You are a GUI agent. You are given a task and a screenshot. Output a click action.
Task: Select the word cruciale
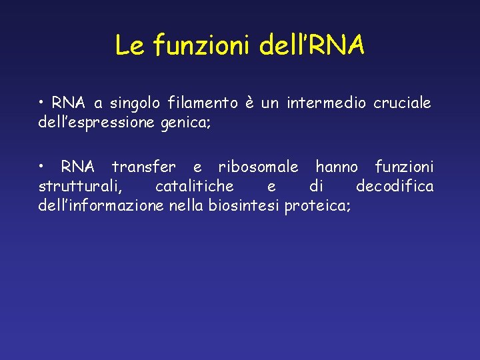point(402,103)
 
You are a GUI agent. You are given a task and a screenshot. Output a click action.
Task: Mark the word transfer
point(144,166)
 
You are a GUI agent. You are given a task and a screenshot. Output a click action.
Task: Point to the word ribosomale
point(259,166)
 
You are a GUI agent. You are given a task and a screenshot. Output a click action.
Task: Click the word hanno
point(337,166)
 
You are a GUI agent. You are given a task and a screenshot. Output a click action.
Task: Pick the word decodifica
point(395,185)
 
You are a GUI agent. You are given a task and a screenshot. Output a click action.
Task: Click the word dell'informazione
point(101,205)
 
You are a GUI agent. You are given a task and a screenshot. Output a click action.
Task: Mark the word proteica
point(317,205)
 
